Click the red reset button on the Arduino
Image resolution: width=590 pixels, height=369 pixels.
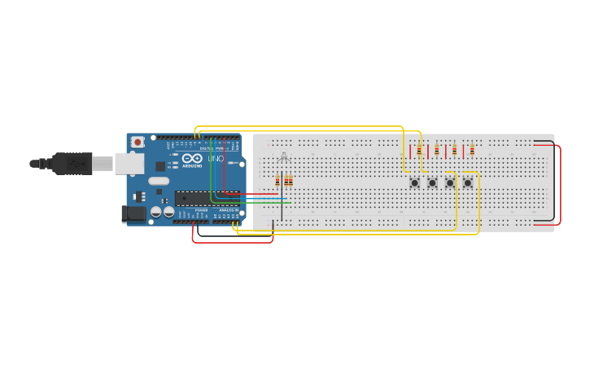point(138,142)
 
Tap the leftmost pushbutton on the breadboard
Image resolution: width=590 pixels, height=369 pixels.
point(414,182)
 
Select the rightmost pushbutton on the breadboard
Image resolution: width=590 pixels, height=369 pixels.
point(468,182)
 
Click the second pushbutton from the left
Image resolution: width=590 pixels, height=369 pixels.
point(432,182)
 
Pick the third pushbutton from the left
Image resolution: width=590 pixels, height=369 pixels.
point(450,182)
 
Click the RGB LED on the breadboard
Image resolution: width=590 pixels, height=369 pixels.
point(282,157)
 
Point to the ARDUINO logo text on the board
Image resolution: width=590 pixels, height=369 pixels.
point(192,165)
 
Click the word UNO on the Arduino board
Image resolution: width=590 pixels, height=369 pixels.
point(216,159)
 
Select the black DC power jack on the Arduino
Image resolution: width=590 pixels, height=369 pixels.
point(133,214)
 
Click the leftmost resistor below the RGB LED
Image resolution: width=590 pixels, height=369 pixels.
point(278,181)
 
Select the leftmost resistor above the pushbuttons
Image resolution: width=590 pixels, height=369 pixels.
point(419,150)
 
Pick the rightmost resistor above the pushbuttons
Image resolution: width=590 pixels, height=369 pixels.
point(472,150)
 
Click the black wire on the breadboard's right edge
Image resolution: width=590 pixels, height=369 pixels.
point(554,183)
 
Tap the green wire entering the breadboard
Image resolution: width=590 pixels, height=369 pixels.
point(260,201)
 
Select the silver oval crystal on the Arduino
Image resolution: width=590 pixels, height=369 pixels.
point(159,181)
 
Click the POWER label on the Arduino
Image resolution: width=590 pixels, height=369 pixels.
point(201,210)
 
